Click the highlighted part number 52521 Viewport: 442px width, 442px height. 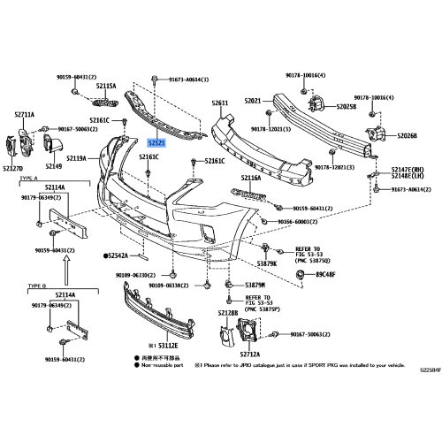156,141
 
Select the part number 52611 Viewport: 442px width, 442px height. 220,103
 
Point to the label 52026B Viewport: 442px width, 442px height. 408,135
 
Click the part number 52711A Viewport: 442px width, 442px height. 24,115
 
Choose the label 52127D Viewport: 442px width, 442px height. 13,168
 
